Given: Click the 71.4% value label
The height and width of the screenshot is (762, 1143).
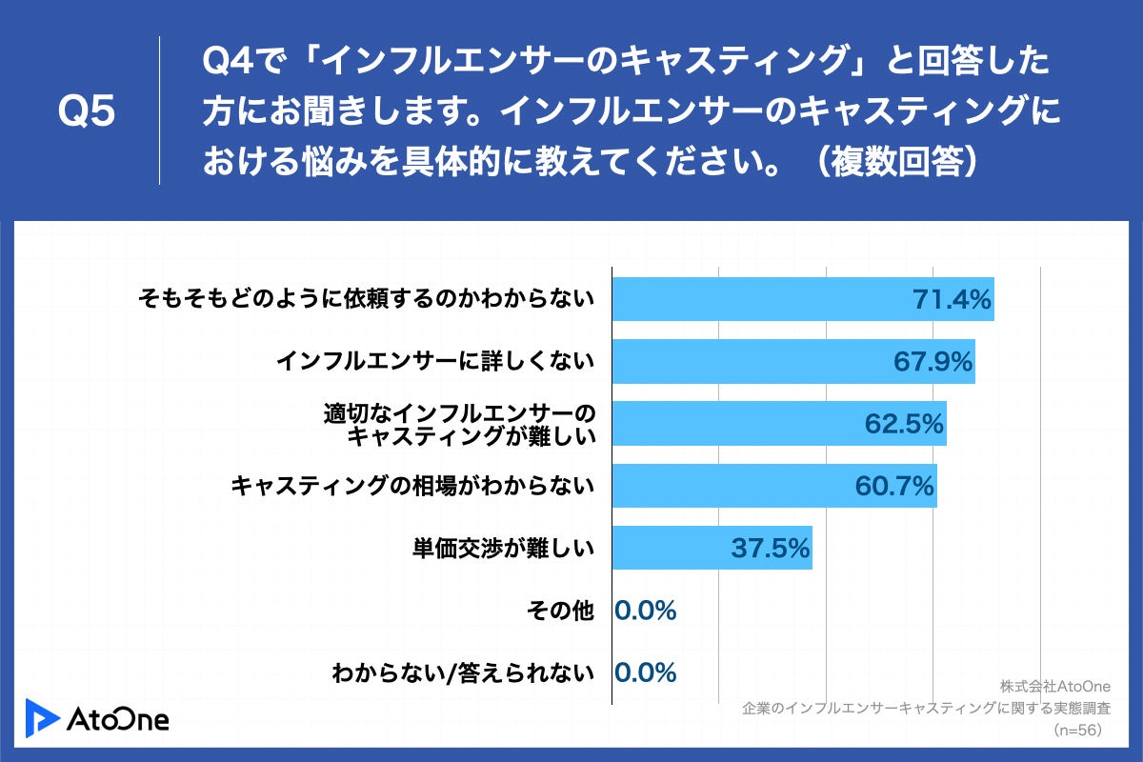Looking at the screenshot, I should click(x=952, y=300).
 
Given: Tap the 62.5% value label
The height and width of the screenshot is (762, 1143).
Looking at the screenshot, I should click(x=904, y=424).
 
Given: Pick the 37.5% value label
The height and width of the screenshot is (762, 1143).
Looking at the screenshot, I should click(x=771, y=549).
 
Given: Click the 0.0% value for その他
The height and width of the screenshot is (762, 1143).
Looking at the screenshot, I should click(x=646, y=611).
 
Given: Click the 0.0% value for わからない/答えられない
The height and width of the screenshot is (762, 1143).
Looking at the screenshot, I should click(x=646, y=672).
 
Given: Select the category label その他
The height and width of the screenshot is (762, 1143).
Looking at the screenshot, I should click(x=560, y=611).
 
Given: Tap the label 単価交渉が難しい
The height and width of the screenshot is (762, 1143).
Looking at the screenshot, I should click(x=503, y=549).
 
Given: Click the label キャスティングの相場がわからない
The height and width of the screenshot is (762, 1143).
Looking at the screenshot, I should click(x=412, y=486).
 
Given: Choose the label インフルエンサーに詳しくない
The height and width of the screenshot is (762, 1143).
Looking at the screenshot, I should click(x=435, y=362).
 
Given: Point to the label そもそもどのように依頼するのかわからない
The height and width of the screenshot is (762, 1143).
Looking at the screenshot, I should click(x=366, y=300).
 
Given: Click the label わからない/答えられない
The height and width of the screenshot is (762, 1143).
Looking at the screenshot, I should click(x=463, y=672).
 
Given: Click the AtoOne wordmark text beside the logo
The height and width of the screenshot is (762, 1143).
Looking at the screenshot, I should click(x=118, y=719).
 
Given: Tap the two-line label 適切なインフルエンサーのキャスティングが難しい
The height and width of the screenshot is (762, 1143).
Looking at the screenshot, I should click(x=459, y=425).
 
